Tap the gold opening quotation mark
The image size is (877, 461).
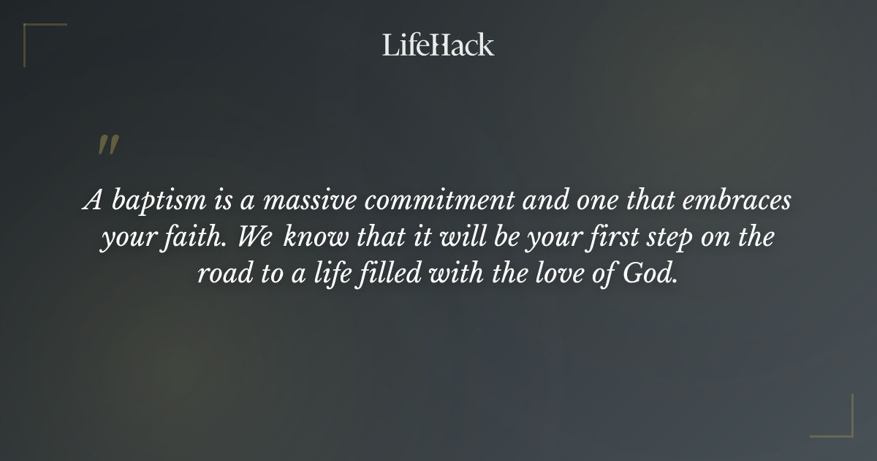point(108,145)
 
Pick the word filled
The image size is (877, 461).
point(387,277)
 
